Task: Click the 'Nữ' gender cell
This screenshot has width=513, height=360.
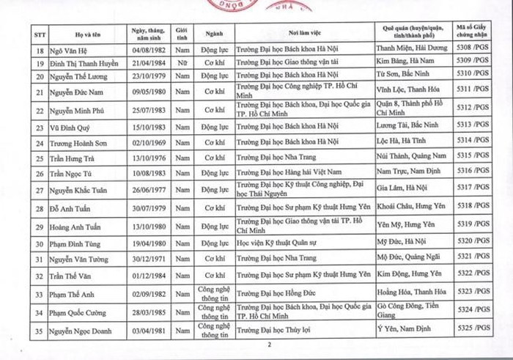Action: point(181,65)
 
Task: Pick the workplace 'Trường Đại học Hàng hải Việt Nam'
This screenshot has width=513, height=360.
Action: point(284,173)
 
